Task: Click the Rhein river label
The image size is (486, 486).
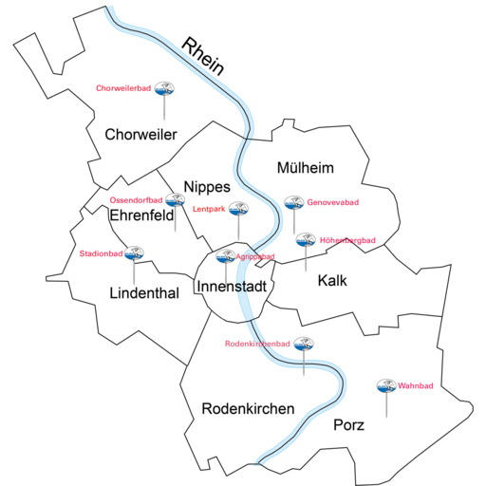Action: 203,57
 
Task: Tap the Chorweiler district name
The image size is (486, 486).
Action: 140,135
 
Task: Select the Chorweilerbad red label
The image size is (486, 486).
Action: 123,88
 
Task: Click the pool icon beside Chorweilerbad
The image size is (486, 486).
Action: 164,88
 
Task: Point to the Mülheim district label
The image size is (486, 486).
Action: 306,168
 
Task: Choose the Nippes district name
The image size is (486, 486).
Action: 207,187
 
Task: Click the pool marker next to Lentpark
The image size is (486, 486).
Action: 238,209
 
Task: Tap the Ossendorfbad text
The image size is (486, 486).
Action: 136,200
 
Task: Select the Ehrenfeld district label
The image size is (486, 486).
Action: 141,215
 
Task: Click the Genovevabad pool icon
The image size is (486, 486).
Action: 294,203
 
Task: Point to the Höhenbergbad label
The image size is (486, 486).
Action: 347,240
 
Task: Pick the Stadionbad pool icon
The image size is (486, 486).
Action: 134,253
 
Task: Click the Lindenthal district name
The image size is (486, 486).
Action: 144,293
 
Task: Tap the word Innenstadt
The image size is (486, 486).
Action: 232,287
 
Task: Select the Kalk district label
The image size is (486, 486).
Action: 332,281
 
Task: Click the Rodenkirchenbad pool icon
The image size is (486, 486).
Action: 304,344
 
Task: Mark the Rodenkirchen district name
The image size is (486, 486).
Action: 248,409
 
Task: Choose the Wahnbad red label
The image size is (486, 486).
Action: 416,386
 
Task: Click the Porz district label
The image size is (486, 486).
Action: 348,425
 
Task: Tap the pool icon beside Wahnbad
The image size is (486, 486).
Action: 386,386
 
